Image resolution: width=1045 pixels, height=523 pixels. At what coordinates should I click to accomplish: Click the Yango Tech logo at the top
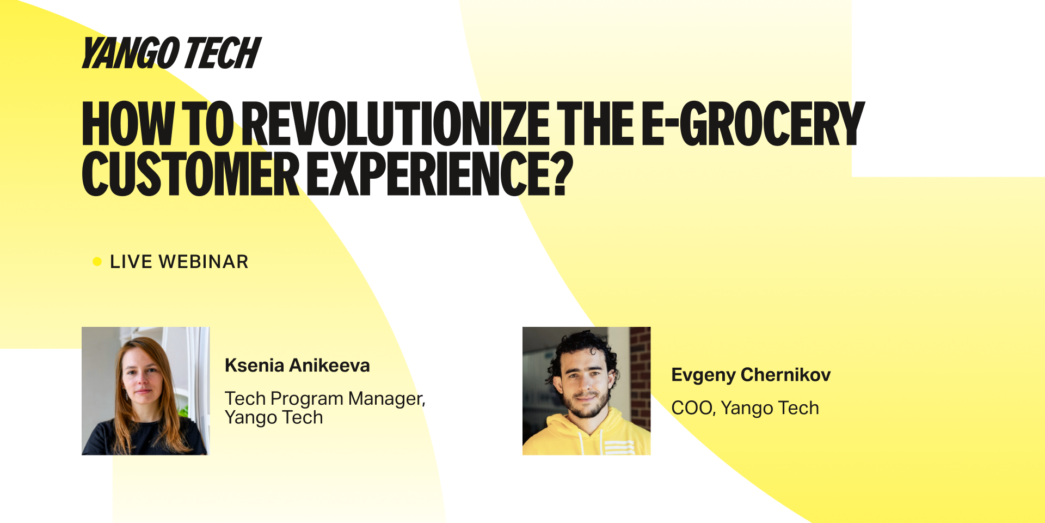[171, 53]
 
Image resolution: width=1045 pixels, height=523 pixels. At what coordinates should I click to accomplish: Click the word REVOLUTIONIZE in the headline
[395, 124]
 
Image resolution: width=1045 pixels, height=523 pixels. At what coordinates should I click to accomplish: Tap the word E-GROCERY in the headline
[753, 124]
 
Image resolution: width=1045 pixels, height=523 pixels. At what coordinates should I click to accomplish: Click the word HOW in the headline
[128, 124]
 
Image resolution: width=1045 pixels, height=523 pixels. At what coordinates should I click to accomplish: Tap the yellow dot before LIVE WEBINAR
[97, 262]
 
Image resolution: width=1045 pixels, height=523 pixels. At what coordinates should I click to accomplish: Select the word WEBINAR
[204, 262]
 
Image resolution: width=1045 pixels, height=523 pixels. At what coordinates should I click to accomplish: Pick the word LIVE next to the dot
[131, 262]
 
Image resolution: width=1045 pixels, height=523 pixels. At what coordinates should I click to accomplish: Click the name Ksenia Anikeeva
[297, 365]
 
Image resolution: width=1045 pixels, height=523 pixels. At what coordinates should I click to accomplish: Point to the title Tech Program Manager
[325, 399]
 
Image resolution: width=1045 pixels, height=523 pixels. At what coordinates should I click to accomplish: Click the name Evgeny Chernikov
[751, 375]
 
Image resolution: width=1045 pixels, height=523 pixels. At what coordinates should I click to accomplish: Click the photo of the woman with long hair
[145, 391]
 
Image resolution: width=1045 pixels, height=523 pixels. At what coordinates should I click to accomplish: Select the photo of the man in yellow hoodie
[586, 391]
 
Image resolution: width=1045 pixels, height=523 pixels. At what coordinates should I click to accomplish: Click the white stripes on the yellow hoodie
[619, 447]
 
